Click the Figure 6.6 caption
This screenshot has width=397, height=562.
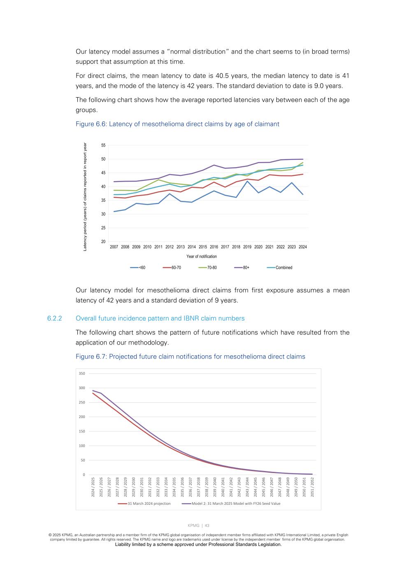[x=177, y=124]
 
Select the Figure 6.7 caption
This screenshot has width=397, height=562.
[x=190, y=357]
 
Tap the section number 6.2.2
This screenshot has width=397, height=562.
[x=54, y=318]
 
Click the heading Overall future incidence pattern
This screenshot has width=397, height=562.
[x=160, y=318]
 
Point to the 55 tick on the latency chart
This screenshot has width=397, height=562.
[x=103, y=145]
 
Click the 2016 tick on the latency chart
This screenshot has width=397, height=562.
[x=214, y=247]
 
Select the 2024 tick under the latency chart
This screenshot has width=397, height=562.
[x=303, y=247]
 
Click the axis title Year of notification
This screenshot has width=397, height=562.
[x=202, y=257]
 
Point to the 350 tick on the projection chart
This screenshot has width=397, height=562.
[x=82, y=373]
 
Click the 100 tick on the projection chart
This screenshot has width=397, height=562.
[x=82, y=446]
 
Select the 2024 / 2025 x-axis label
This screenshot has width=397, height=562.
[x=93, y=487]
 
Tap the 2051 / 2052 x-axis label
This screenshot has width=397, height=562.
[x=312, y=487]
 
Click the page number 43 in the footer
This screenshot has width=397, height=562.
[x=207, y=525]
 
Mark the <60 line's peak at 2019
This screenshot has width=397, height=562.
[x=247, y=181]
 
